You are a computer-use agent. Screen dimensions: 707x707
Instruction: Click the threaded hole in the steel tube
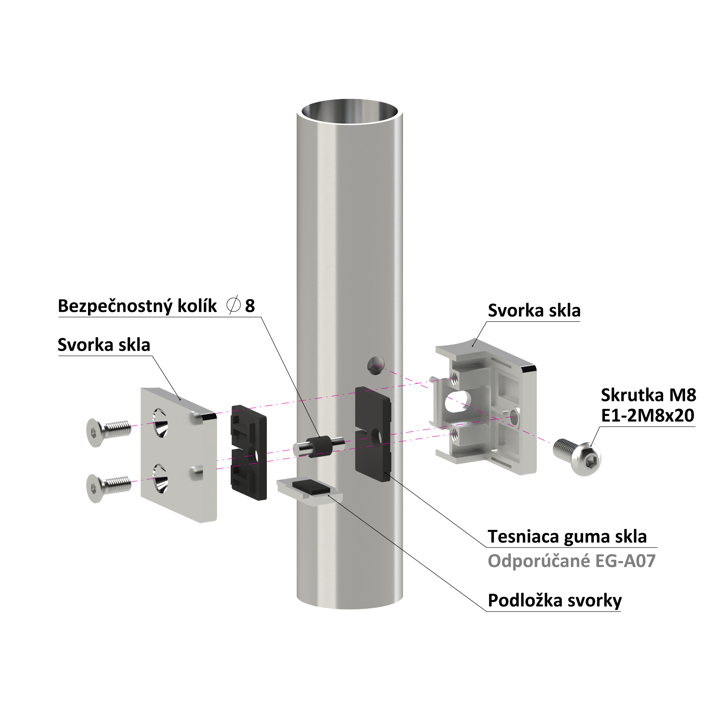[x=376, y=366]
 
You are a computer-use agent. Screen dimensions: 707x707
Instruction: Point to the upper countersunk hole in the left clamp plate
[x=160, y=423]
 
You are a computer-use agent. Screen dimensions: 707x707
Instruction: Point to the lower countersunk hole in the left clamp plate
[x=160, y=479]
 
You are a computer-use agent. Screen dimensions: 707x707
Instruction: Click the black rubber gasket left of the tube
[x=249, y=452]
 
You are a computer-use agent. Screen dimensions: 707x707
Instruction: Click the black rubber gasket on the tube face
[x=373, y=434]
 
